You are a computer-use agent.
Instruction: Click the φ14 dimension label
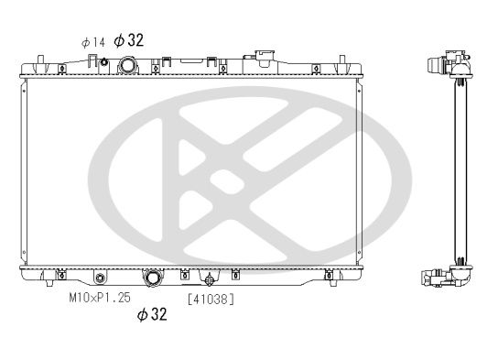[x=93, y=42]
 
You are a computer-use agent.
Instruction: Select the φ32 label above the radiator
[x=129, y=40]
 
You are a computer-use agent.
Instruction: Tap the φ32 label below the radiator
[x=152, y=314]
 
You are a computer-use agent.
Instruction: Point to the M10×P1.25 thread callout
[x=100, y=298]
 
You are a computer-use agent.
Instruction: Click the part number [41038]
[x=211, y=299]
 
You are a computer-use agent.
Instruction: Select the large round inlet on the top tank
[x=128, y=65]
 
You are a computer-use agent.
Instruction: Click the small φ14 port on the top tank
[x=103, y=61]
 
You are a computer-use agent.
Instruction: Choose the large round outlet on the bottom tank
[x=154, y=278]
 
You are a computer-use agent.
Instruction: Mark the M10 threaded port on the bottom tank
[x=100, y=278]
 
